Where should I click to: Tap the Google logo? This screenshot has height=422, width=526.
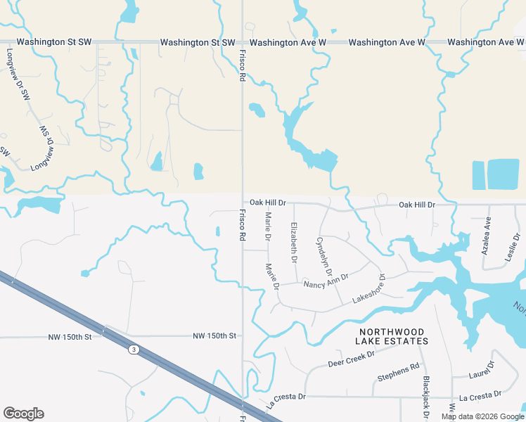click(23, 414)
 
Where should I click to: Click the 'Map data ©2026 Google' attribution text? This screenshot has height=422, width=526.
click(482, 416)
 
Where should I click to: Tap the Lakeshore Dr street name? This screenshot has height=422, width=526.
click(369, 289)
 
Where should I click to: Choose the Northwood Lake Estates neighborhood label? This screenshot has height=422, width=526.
click(392, 336)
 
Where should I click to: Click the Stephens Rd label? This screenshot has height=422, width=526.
click(398, 371)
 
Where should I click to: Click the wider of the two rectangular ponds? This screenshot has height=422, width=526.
click(503, 174)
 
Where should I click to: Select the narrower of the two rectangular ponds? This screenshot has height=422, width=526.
click(478, 175)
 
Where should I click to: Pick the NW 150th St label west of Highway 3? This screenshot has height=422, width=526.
click(70, 338)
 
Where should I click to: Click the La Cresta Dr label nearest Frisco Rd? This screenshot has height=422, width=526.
click(286, 401)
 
